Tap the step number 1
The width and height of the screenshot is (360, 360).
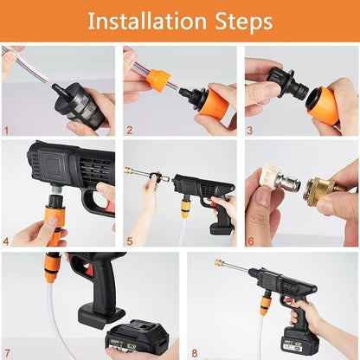tap(7, 132)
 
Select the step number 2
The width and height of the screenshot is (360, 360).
tap(128, 132)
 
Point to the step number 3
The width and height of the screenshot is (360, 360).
tap(249, 132)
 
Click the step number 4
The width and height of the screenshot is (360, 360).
tap(7, 241)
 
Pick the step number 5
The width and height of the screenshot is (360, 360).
tap(128, 241)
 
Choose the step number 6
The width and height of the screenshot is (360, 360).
tap(249, 241)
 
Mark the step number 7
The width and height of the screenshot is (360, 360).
tap(7, 351)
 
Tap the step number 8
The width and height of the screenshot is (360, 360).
tap(193, 351)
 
